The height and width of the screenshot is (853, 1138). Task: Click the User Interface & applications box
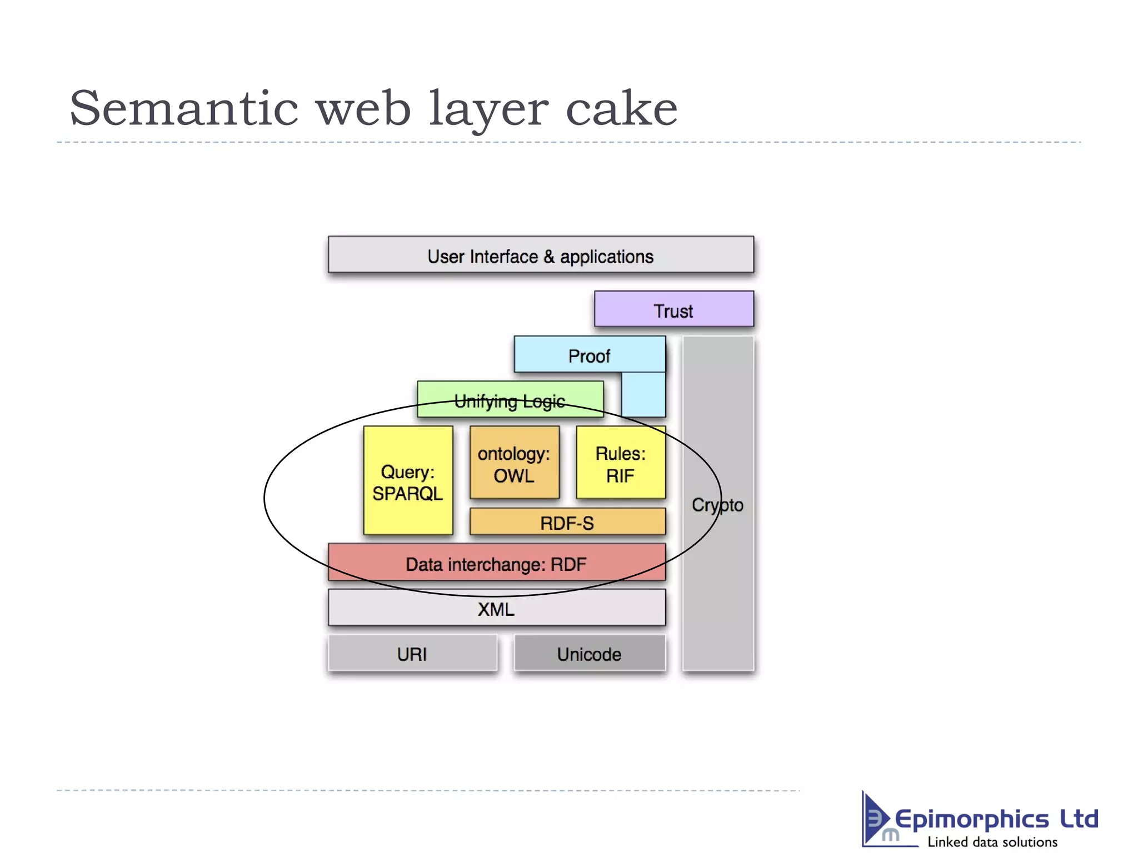pyautogui.click(x=540, y=255)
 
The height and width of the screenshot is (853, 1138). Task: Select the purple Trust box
pyautogui.click(x=673, y=309)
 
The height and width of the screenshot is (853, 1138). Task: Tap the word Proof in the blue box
pyautogui.click(x=589, y=356)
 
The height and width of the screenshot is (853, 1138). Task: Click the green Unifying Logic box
pyautogui.click(x=510, y=399)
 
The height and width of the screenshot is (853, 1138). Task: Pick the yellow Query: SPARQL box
pyautogui.click(x=408, y=481)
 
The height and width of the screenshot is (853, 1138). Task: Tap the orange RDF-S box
pyautogui.click(x=567, y=523)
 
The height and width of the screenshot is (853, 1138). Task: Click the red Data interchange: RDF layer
pyautogui.click(x=496, y=563)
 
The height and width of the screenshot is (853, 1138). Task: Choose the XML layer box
pyautogui.click(x=496, y=608)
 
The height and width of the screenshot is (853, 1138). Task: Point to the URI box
pyautogui.click(x=412, y=654)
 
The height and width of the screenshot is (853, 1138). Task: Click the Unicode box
pyautogui.click(x=589, y=654)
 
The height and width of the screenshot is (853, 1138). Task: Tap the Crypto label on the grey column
pyautogui.click(x=717, y=505)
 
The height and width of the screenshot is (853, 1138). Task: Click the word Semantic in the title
pyautogui.click(x=183, y=108)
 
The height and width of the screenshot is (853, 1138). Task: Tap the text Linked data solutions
pyautogui.click(x=992, y=842)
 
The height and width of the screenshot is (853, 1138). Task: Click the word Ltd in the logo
pyautogui.click(x=1079, y=819)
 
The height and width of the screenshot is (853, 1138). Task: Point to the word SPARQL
pyautogui.click(x=407, y=493)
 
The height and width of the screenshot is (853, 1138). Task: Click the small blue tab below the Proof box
pyautogui.click(x=643, y=394)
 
